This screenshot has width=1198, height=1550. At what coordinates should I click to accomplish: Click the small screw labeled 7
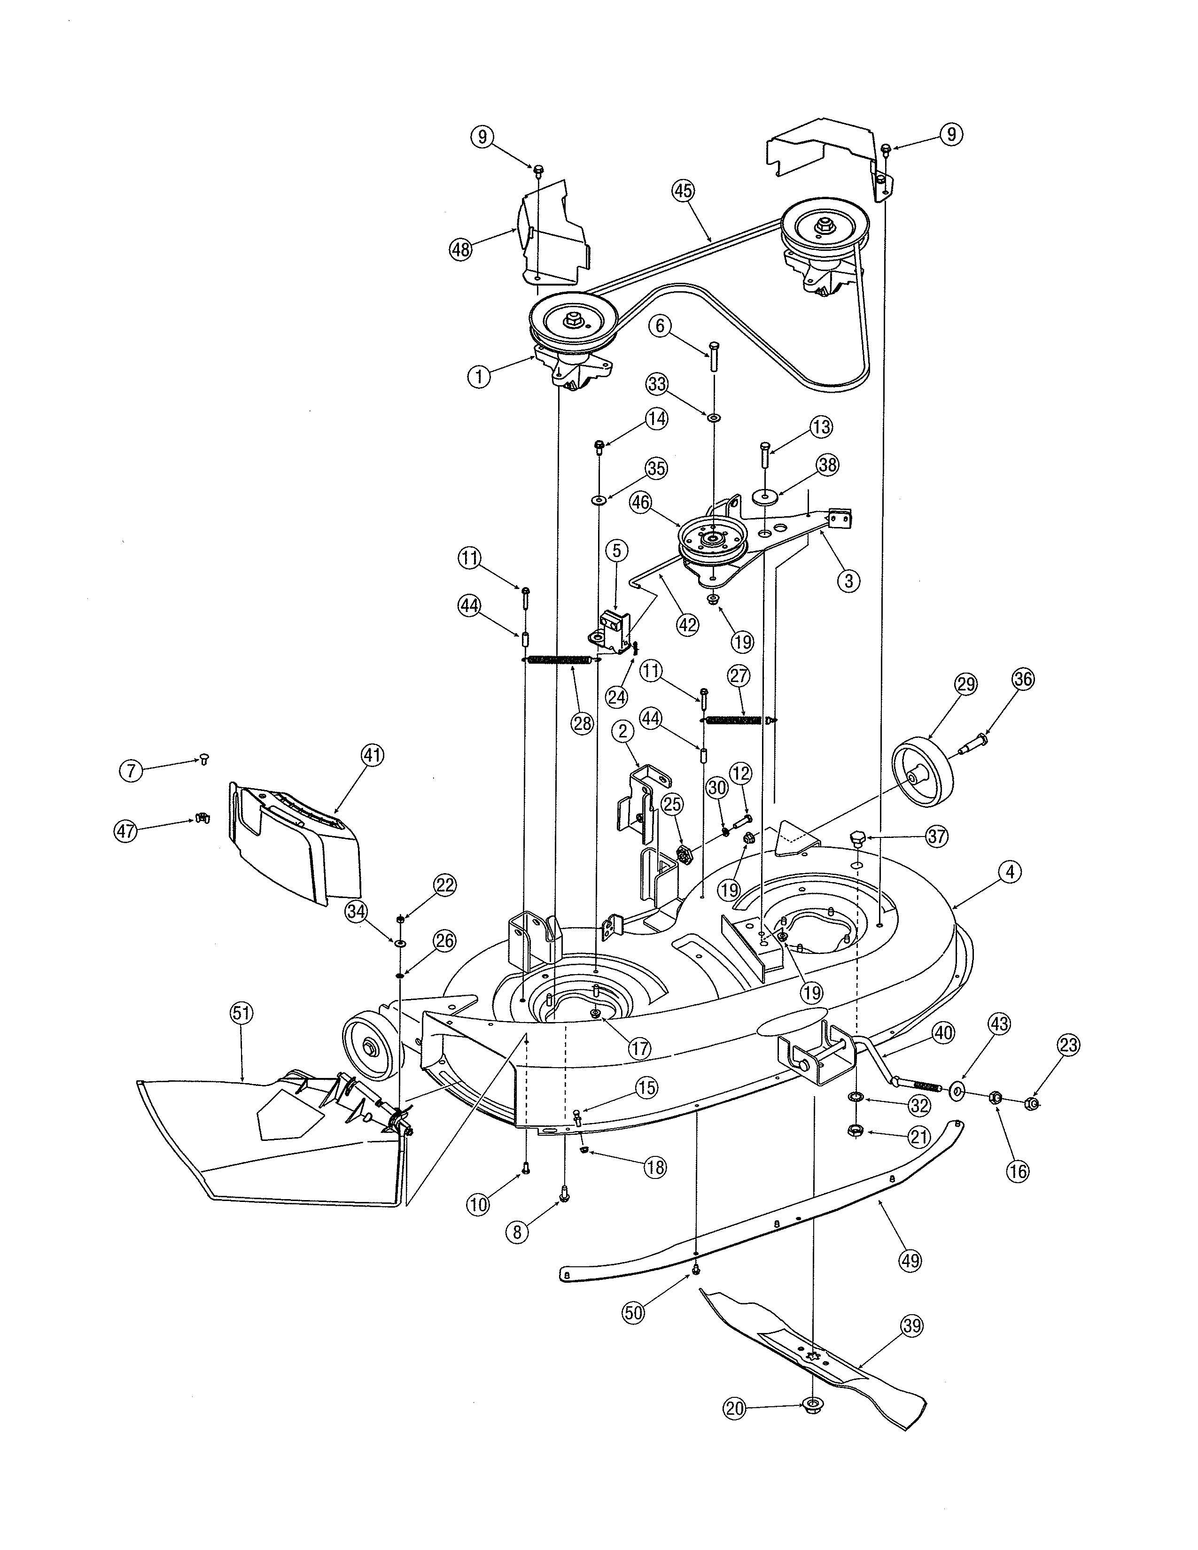point(202,760)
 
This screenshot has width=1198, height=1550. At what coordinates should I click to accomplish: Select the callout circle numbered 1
point(480,376)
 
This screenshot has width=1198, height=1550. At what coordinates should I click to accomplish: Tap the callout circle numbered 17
point(639,1047)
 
